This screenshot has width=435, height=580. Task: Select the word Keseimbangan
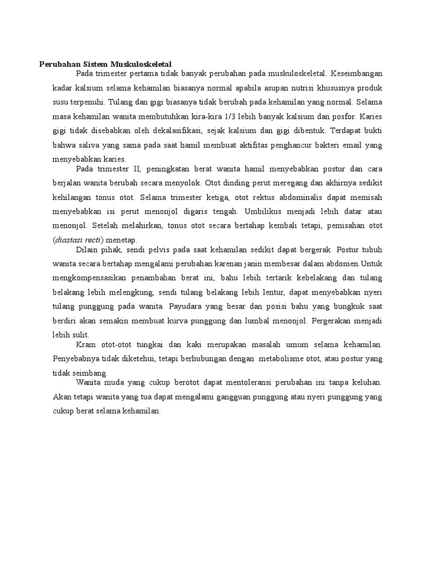(x=356, y=74)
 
